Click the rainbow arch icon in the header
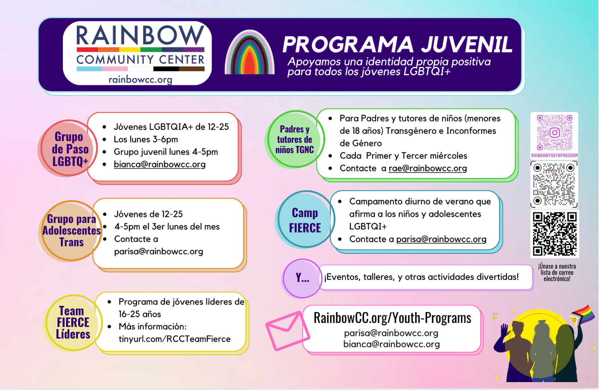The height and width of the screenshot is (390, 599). pyautogui.click(x=249, y=52)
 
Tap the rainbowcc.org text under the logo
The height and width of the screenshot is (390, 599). pyautogui.click(x=140, y=80)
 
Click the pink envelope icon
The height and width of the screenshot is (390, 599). pyautogui.click(x=288, y=331)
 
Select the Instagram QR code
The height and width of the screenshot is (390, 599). pyautogui.click(x=554, y=133)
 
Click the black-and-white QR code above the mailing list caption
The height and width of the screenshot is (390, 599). pyautogui.click(x=554, y=234)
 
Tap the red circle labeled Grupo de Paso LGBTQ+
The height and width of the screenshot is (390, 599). pyautogui.click(x=69, y=148)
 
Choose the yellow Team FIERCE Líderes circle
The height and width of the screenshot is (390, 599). pyautogui.click(x=73, y=323)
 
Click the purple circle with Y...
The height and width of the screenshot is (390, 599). pyautogui.click(x=302, y=278)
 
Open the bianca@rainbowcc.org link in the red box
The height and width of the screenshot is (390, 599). pyautogui.click(x=159, y=164)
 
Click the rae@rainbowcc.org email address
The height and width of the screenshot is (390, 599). pyautogui.click(x=428, y=168)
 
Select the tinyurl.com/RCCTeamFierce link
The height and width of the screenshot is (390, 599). pyautogui.click(x=174, y=339)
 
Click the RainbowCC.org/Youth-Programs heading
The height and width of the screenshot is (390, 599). pyautogui.click(x=392, y=318)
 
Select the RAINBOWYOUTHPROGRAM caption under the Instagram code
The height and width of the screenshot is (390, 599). pyautogui.click(x=554, y=155)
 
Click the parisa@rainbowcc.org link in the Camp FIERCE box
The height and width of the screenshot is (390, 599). pyautogui.click(x=441, y=239)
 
